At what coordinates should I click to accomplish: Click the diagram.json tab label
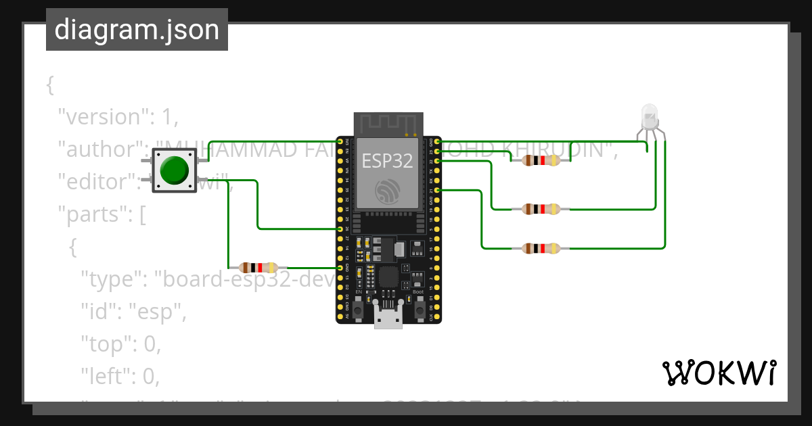137,30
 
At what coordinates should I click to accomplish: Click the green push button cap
175,170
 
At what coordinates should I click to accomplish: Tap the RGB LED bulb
650,117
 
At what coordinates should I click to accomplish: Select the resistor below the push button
258,268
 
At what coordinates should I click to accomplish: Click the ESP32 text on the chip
387,160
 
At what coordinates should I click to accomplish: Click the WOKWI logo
719,373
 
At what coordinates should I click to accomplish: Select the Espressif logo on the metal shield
387,191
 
